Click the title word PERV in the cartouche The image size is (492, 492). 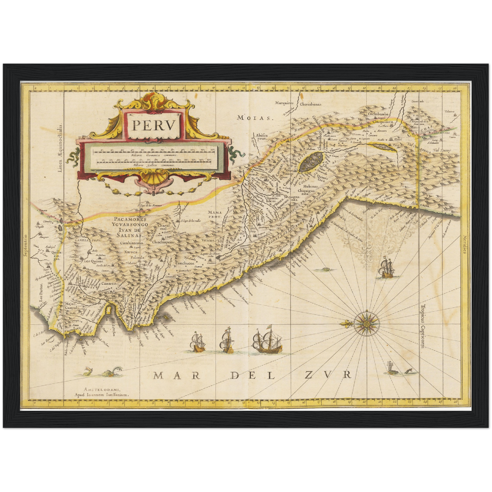click(x=154, y=125)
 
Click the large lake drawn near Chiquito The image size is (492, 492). click(x=311, y=161)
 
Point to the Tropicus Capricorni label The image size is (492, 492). click(x=423, y=327)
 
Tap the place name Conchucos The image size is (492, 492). click(x=185, y=263)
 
